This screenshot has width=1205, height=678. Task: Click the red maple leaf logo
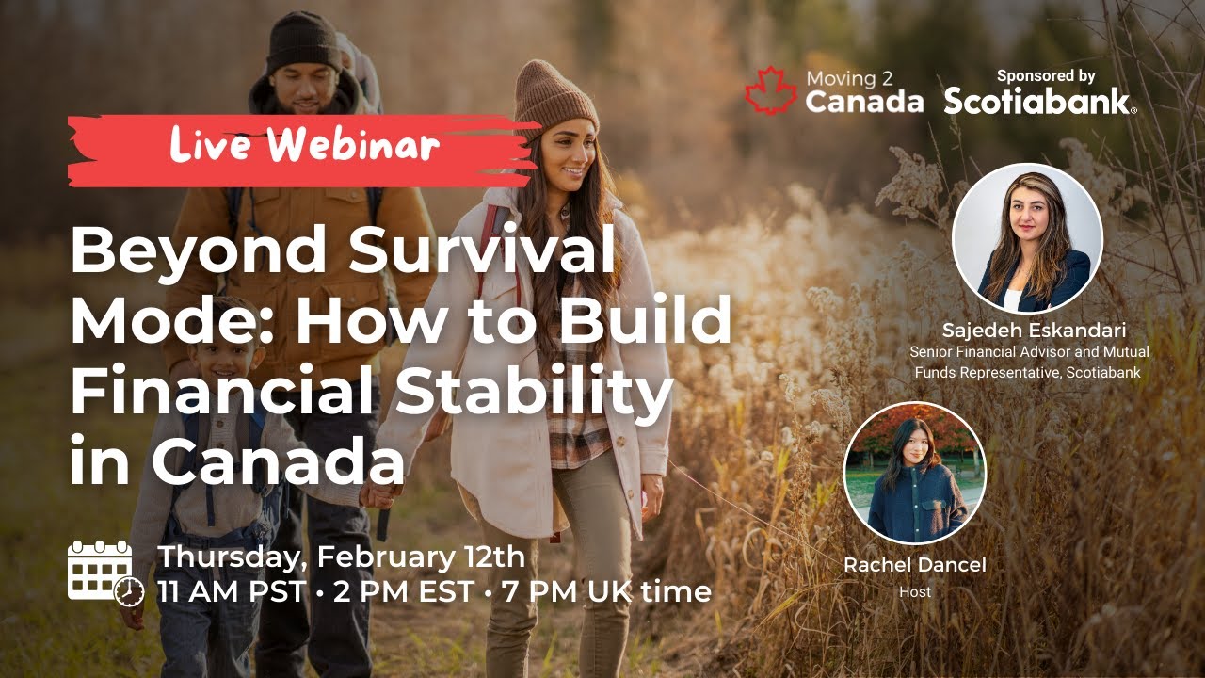[x=771, y=91]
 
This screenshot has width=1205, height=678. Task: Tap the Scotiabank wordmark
[x=1039, y=101]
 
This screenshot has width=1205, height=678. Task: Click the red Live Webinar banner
[x=303, y=148]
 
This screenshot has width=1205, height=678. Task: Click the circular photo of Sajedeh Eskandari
[x=1027, y=239]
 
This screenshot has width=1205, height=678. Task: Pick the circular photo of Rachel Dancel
[x=914, y=474]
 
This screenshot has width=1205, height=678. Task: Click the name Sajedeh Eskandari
[x=1034, y=331]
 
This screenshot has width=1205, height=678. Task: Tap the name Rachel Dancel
[x=914, y=565]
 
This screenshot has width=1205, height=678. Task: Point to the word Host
[x=914, y=592]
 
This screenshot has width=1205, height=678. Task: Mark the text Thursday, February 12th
[x=341, y=557]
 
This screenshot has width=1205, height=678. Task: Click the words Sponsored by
[x=1046, y=75]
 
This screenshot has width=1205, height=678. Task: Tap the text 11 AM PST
[x=232, y=592]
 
